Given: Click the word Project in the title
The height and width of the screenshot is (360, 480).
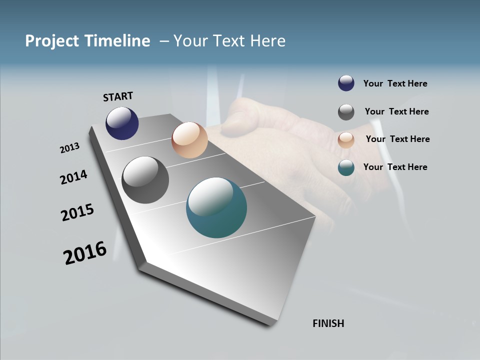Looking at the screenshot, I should coord(52,41).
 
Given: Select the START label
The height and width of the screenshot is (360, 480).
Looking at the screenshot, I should coord(118,96).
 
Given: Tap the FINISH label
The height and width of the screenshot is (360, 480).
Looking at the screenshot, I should coord(328,323).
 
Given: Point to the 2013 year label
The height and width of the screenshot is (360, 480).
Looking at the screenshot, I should coord(69,148).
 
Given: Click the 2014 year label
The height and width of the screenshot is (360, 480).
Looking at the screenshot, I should coord(74,177).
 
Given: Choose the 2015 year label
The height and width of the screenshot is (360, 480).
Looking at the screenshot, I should coord(77,212).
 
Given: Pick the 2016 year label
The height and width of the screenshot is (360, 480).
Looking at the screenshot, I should coord(85,253).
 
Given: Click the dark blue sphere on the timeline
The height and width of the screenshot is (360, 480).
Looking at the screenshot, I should coord(122,123).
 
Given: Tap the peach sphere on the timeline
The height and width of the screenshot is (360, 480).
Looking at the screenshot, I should coord(189,140).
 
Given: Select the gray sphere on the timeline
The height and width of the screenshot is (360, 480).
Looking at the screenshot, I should coord(145,180).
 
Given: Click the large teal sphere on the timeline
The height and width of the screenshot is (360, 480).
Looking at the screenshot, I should coord(216,207).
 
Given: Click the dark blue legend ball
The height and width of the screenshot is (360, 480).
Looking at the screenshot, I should coord(346,83).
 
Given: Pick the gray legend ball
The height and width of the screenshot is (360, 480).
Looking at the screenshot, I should coord(346,112).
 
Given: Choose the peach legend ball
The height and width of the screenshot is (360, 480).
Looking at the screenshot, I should coord(346,140).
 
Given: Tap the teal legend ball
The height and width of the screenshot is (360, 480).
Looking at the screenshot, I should coord(346,167).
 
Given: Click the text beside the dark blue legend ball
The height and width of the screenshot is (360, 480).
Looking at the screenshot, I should coord(395,83).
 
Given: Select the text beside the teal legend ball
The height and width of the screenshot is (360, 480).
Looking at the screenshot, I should coord(395,167).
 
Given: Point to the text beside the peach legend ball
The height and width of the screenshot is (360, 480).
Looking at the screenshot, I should coord(397,139).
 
